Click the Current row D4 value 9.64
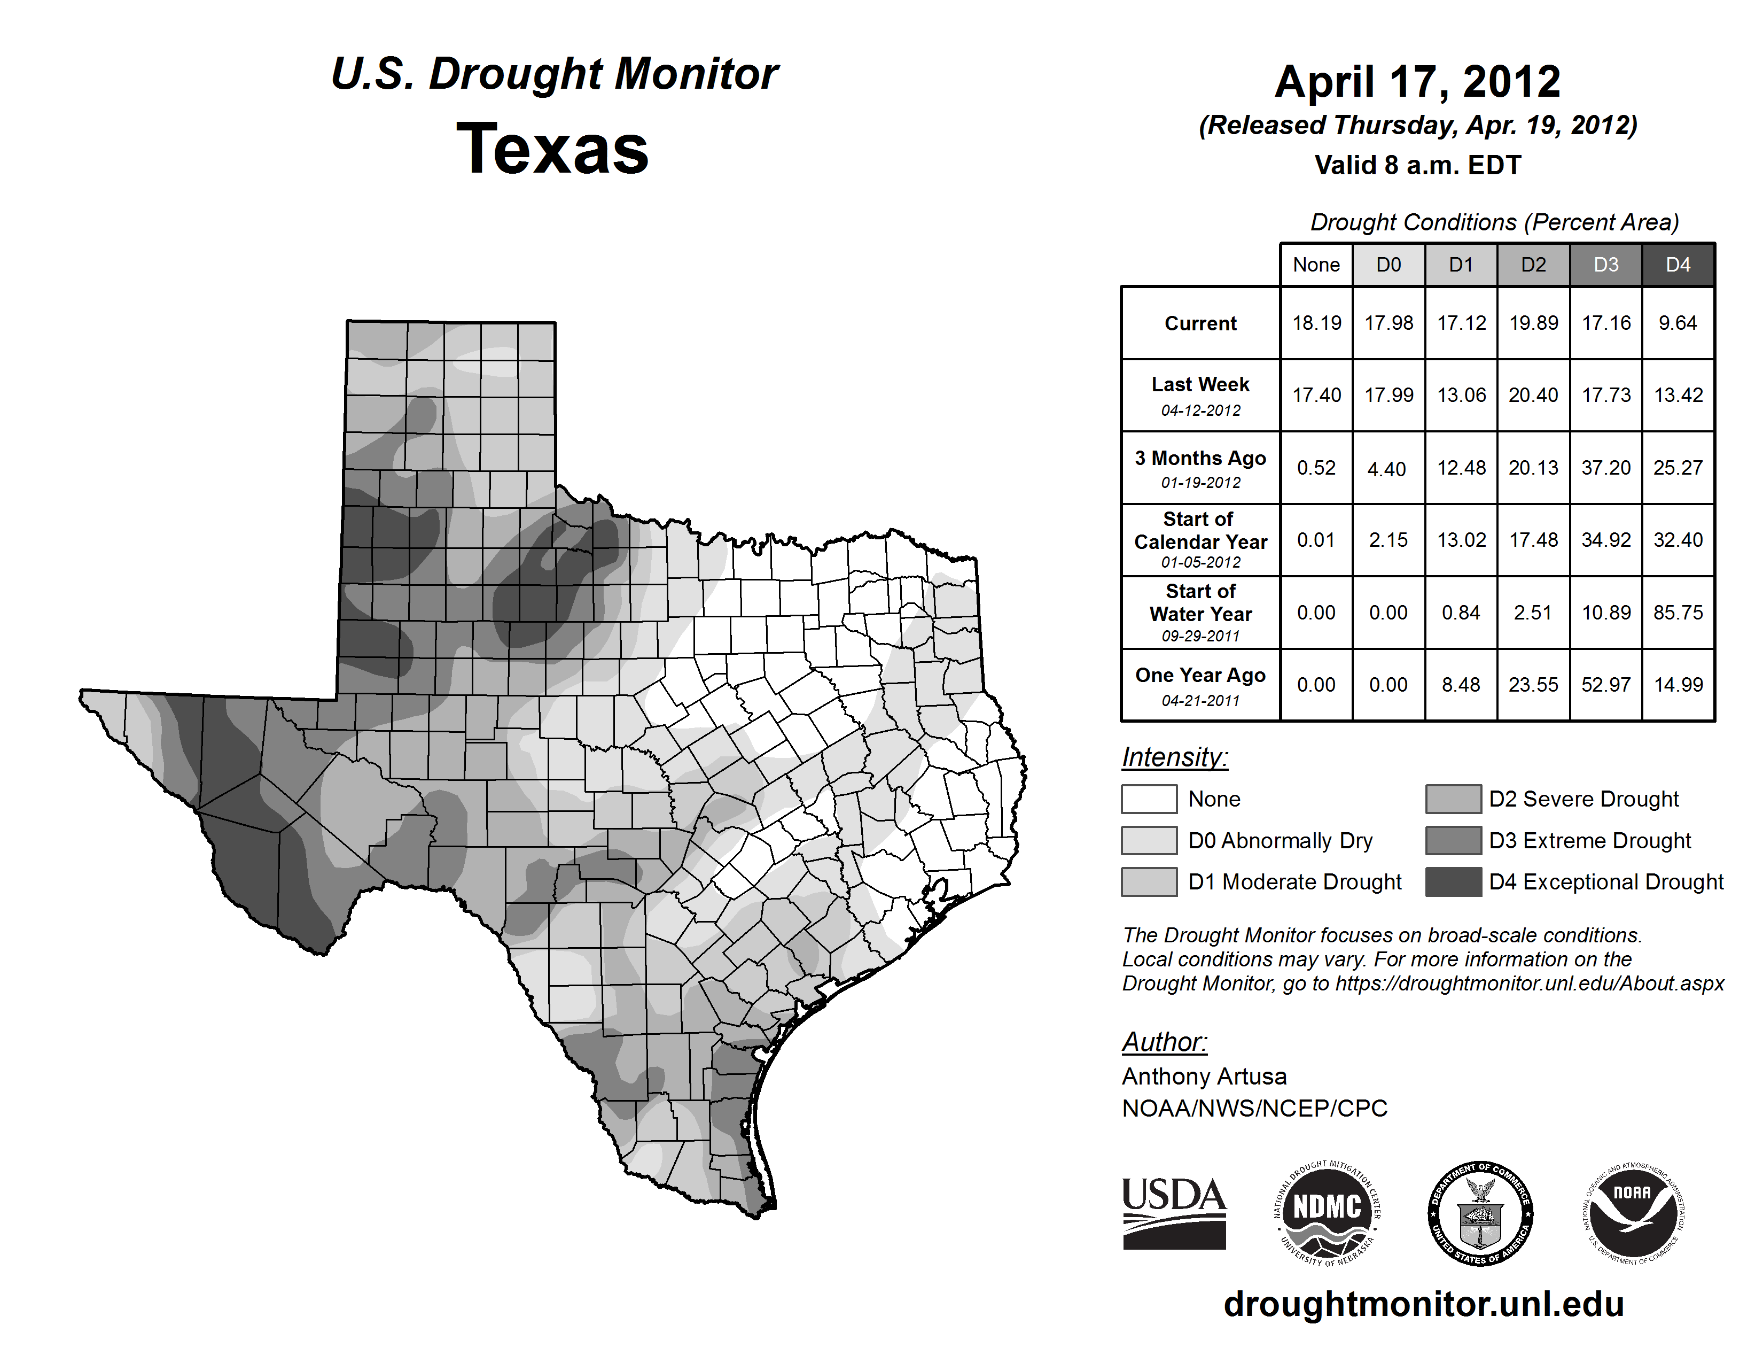pos(1678,323)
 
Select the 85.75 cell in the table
pos(1678,613)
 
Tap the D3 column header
pos(1605,265)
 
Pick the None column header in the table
pos(1316,265)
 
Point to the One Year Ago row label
pos(1200,685)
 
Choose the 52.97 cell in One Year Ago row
pos(1605,685)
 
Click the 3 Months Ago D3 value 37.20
pos(1605,468)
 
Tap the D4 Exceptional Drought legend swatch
pos(1453,882)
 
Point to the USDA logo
pos(1174,1213)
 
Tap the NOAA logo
pos(1633,1213)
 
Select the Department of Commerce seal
pos(1480,1213)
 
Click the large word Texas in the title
pos(552,149)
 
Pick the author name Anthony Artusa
pos(1204,1077)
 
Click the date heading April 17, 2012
pos(1417,82)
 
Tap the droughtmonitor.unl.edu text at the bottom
pos(1424,1304)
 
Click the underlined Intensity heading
pos(1174,757)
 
